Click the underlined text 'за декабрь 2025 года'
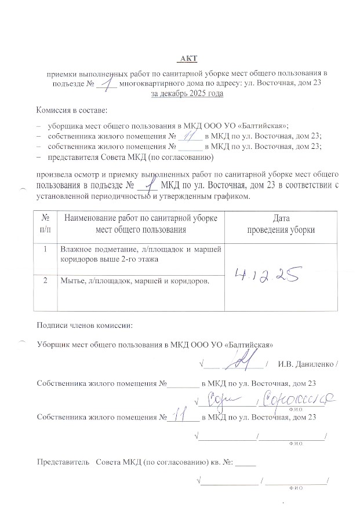(187, 93)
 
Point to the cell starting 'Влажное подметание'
(138, 255)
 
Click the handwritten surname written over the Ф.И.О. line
(297, 399)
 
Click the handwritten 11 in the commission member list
(189, 134)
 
